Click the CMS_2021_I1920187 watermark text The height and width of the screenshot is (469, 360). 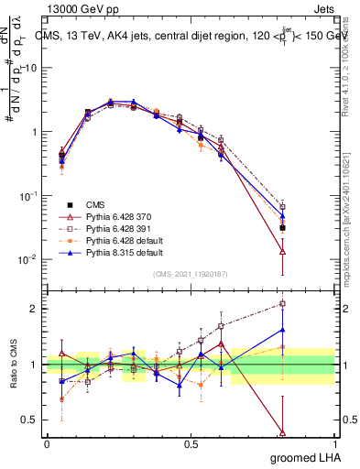(x=191, y=274)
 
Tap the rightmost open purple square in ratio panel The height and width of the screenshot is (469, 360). (x=282, y=303)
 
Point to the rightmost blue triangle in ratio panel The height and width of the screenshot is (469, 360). (x=282, y=330)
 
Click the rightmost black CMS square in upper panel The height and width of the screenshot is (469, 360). (x=282, y=227)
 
